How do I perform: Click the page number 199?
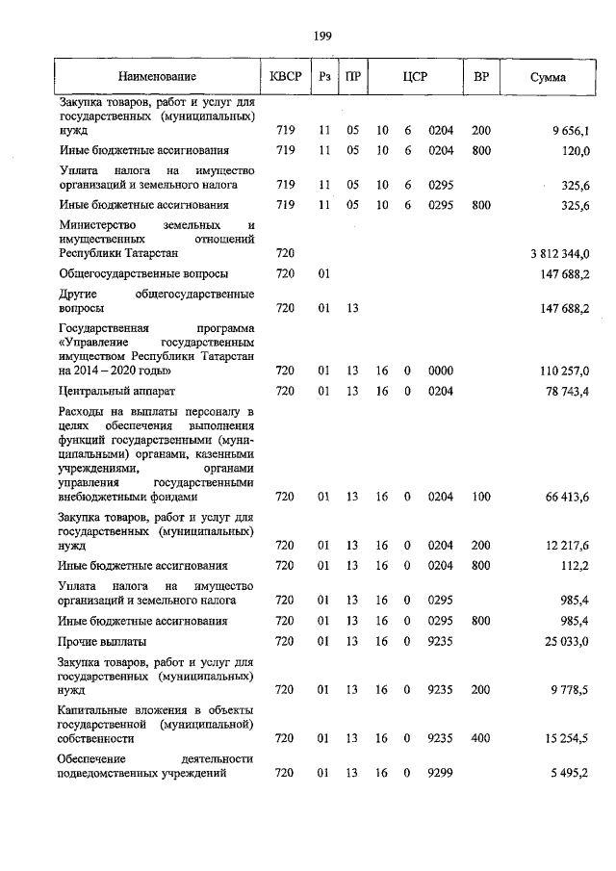[322, 37]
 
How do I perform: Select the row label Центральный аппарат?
[116, 392]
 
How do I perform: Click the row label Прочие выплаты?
[103, 641]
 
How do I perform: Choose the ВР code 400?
[481, 738]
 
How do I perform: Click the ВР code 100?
[481, 497]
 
